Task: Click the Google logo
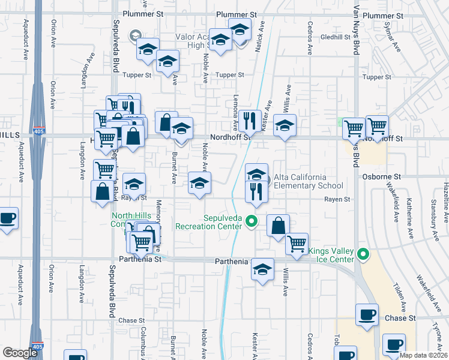tap(20, 353)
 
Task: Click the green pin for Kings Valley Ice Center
tap(363, 254)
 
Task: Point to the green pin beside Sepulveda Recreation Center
tap(252, 221)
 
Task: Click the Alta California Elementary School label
tap(309, 181)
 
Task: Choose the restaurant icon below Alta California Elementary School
tap(257, 192)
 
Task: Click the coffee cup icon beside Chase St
tap(367, 315)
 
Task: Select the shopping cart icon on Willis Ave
tap(297, 244)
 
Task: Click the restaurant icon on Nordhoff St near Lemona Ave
tap(247, 121)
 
